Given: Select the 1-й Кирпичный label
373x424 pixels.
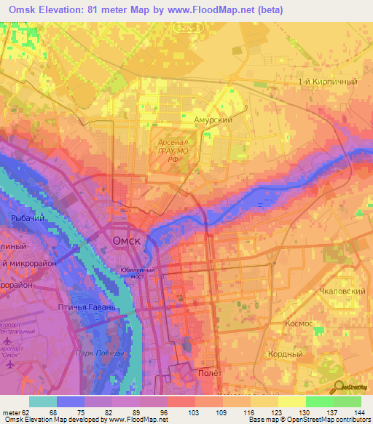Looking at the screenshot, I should coord(327,82).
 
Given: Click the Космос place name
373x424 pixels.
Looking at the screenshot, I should coord(299,323).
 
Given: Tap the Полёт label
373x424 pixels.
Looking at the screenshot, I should coord(211,372).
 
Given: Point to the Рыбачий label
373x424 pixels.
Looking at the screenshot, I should coord(22,218).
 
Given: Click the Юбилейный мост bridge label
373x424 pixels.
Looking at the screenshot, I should coord(137,271).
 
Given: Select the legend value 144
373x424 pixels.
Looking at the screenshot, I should coord(361,412).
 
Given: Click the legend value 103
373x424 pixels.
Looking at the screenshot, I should coord(196,412).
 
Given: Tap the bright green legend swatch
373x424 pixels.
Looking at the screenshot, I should coord(319,401).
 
